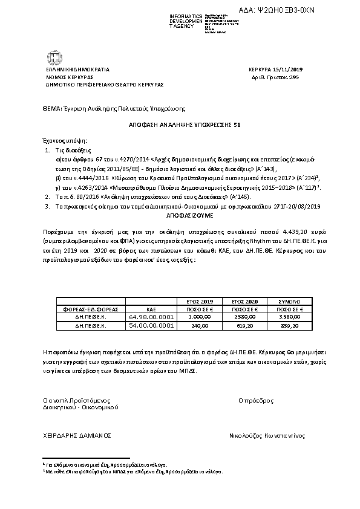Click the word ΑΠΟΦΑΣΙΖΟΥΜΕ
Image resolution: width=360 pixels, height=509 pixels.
pos(180,215)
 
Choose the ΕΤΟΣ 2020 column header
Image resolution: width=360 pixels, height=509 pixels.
pos(241,300)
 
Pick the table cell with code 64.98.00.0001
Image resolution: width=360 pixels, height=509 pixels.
pos(151,316)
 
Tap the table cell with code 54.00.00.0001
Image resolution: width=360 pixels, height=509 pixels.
pos(151,325)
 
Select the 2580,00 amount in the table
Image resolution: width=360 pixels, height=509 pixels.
pos(241,316)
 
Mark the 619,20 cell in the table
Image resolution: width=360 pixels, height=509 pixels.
pos(241,325)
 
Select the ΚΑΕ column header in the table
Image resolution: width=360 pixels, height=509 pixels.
pos(151,308)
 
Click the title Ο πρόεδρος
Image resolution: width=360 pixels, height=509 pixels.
pos(257,400)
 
